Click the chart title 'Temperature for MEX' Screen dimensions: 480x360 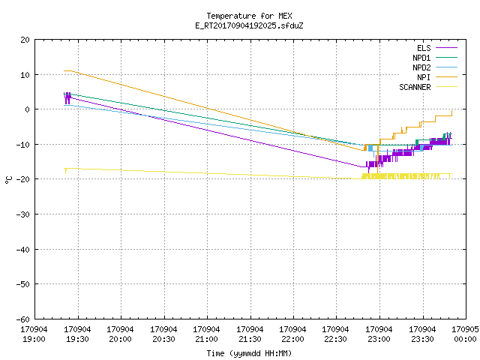tap(249, 16)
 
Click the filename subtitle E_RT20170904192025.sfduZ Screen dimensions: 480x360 tap(249, 25)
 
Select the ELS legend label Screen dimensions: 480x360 tap(424, 48)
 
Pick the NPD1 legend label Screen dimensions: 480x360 tap(421, 58)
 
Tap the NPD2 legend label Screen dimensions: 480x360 tap(421, 67)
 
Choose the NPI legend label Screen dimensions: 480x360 tap(424, 77)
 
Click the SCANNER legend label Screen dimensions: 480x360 tap(415, 87)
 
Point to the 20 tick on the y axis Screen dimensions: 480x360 tap(25, 40)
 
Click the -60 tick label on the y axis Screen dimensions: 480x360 tap(23, 319)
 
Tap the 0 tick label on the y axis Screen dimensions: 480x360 tap(28, 109)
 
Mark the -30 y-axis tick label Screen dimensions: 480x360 tap(23, 214)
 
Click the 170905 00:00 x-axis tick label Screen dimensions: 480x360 tap(465, 334)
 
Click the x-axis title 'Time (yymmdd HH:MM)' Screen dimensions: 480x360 tap(249, 353)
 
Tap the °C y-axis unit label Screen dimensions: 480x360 tap(8, 180)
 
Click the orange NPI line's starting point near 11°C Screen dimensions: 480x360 tap(64, 70)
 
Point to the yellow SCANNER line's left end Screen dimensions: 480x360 tap(64, 168)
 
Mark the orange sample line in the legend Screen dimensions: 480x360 tap(446, 77)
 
